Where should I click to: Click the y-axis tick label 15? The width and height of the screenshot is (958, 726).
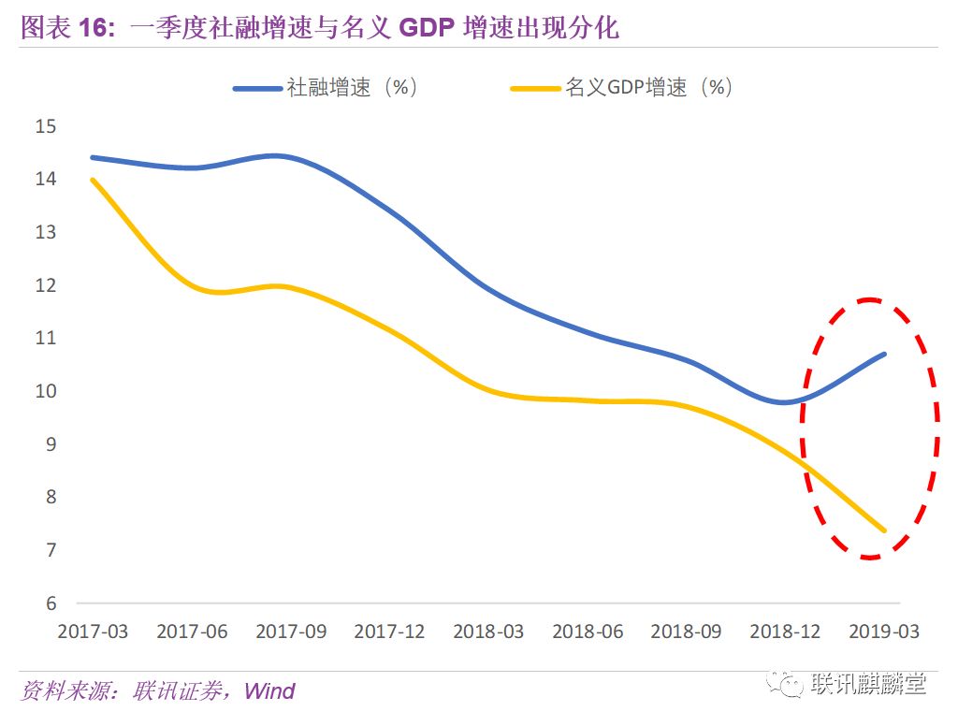pyautogui.click(x=46, y=126)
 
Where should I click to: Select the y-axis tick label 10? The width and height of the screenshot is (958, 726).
pyautogui.click(x=46, y=391)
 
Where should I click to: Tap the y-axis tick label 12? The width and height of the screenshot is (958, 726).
pyautogui.click(x=46, y=285)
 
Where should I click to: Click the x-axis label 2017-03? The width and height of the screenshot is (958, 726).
pyautogui.click(x=93, y=632)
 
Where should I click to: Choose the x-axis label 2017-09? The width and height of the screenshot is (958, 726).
pyautogui.click(x=291, y=632)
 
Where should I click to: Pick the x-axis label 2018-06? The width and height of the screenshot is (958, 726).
pyautogui.click(x=588, y=632)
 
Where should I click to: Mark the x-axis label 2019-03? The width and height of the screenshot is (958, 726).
pyautogui.click(x=884, y=632)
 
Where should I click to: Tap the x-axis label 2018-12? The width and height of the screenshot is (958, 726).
pyautogui.click(x=785, y=632)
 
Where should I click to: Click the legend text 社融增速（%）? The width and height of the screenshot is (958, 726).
pyautogui.click(x=352, y=88)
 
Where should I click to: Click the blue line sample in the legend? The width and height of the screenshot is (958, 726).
pyautogui.click(x=257, y=89)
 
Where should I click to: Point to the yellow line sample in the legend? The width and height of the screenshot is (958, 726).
pyautogui.click(x=536, y=89)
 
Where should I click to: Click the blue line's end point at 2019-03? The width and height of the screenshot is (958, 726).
pyautogui.click(x=884, y=354)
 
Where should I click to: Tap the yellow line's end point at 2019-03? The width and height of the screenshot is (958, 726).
pyautogui.click(x=884, y=530)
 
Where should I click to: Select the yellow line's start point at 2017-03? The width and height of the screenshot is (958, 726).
pyautogui.click(x=93, y=180)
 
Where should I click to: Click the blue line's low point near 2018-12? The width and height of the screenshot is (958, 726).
pyautogui.click(x=782, y=402)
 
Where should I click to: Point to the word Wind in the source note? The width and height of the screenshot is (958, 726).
pyautogui.click(x=269, y=691)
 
